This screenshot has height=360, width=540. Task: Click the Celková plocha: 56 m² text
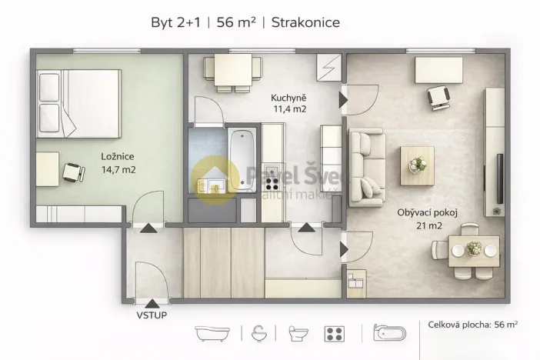pyautogui.click(x=473, y=325)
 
